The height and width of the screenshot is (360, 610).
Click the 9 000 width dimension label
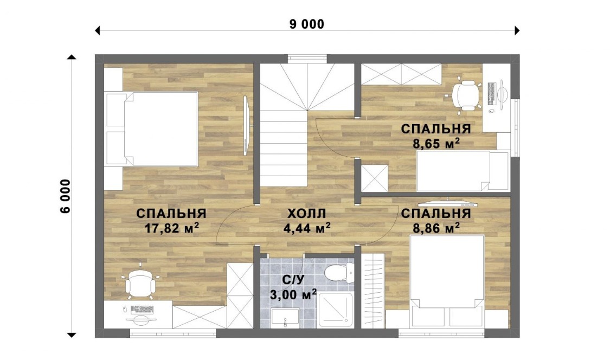pos(306,24)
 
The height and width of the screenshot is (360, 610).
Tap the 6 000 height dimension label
pos(66,196)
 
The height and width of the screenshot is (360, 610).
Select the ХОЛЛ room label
pos(306,214)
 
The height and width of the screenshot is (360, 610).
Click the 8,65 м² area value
pos(436,143)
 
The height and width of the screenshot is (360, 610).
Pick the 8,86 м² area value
pos(436,228)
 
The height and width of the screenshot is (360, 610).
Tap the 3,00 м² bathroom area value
pos(293,294)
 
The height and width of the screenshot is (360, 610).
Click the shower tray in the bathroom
pos(335,310)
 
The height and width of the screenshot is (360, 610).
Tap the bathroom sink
pos(285,317)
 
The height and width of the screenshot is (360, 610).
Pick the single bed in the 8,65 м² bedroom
pos(463,171)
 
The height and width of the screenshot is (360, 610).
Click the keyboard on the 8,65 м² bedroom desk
pos(491,94)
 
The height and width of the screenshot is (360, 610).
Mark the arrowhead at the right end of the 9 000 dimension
pos(517,30)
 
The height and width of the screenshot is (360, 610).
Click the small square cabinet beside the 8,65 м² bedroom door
pos(375,178)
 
